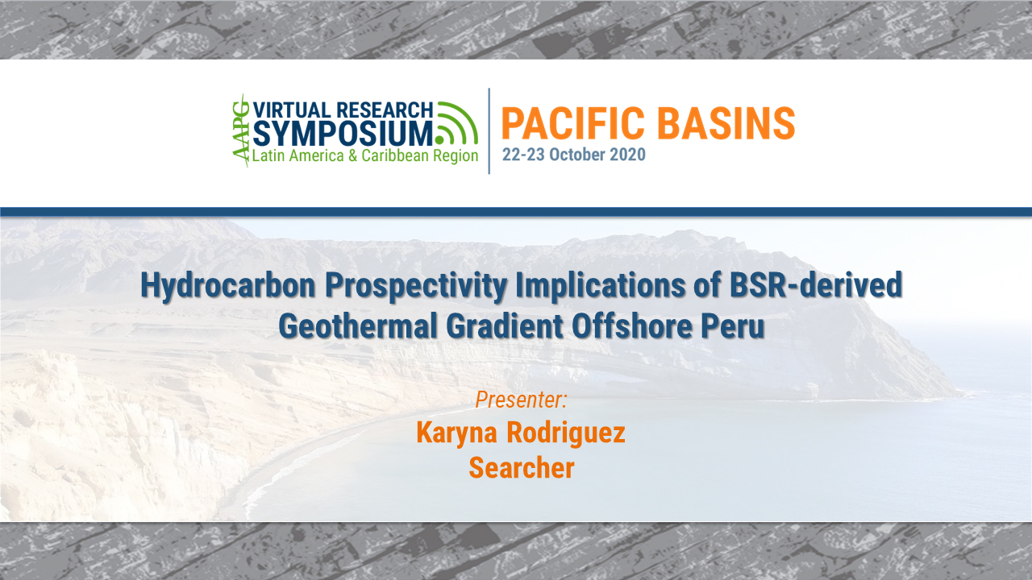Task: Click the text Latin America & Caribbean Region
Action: (365, 155)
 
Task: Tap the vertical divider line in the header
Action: (489, 131)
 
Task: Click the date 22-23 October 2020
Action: (573, 155)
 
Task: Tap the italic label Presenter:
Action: (522, 399)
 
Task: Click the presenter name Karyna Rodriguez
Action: (521, 433)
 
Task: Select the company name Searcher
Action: (522, 467)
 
